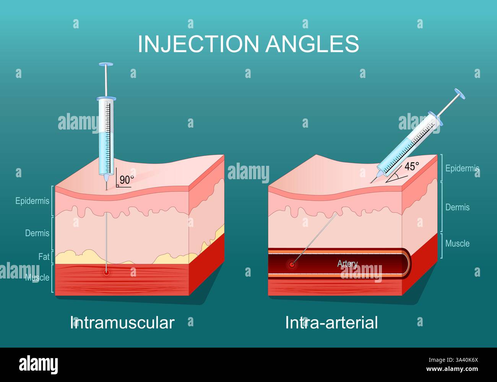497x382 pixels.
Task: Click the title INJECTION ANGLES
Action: (248, 44)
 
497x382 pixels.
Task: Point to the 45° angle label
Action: (412, 167)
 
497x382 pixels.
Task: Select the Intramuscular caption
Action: (122, 323)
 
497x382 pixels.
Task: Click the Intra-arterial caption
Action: (331, 323)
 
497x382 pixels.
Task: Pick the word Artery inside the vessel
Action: (347, 264)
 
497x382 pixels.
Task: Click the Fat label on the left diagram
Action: (44, 257)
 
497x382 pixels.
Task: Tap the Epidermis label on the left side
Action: (32, 201)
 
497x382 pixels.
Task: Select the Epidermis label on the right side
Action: (462, 168)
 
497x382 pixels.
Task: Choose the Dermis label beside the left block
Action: (37, 233)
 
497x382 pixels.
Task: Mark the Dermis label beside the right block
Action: (457, 207)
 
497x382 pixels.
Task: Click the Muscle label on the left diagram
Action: (37, 277)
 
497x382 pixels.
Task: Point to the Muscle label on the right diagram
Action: (457, 243)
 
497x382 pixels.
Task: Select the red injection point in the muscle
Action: (106, 272)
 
